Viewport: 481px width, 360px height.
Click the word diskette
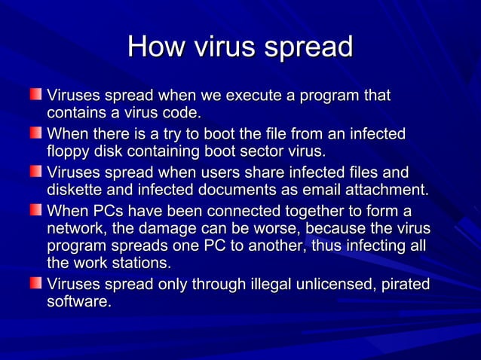[x=75, y=189]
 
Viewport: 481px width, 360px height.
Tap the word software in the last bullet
[x=78, y=302]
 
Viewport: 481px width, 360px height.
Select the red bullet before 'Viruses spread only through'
[x=37, y=285]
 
